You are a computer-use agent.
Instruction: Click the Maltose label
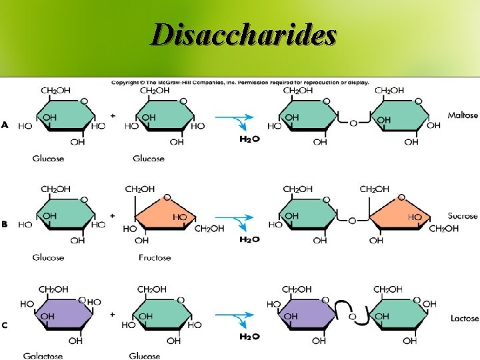click(x=463, y=115)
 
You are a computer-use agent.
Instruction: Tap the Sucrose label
click(x=463, y=216)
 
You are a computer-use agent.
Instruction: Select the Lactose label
click(x=464, y=318)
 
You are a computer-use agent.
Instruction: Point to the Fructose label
click(x=155, y=257)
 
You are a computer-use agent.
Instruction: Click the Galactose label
click(x=43, y=356)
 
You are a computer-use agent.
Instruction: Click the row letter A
click(x=5, y=125)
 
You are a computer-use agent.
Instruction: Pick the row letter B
click(x=5, y=225)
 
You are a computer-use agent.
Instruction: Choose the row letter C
click(x=5, y=325)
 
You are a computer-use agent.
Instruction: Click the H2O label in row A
click(x=249, y=139)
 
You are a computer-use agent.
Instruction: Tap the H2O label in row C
click(x=249, y=337)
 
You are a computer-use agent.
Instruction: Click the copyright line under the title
click(x=240, y=83)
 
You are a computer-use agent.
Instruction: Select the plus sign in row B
click(x=112, y=217)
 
